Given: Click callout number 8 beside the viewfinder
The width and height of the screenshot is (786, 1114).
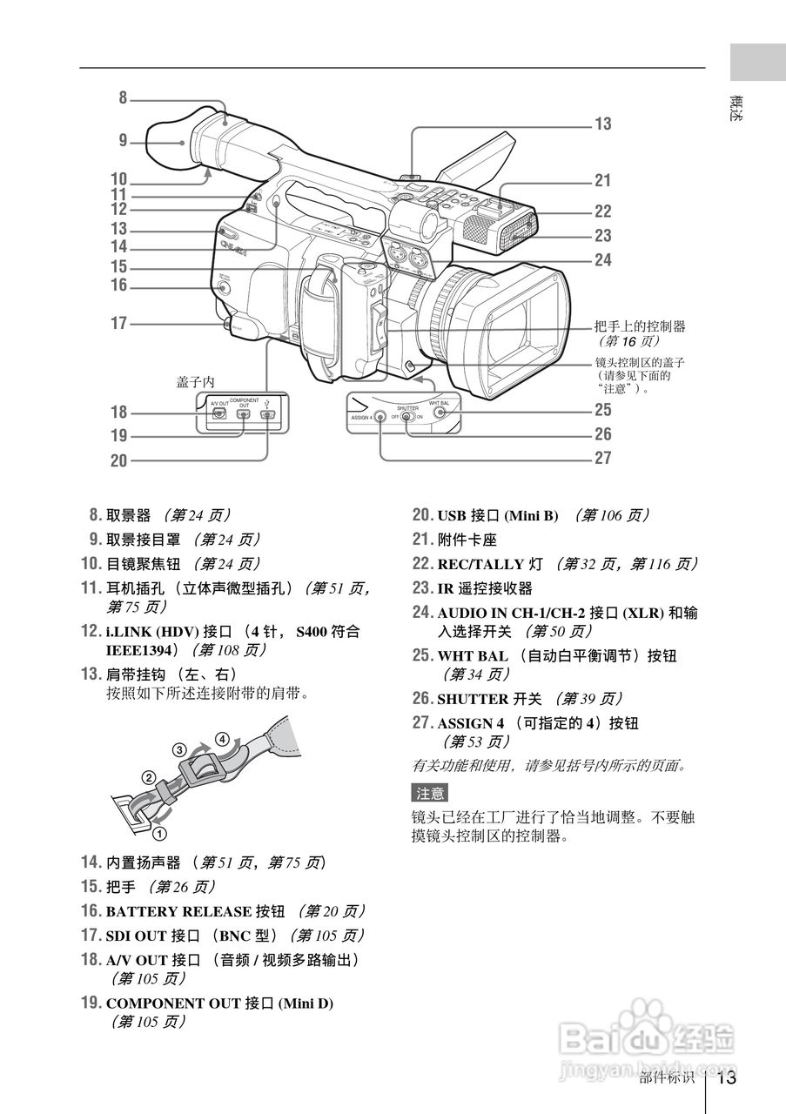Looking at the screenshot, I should [123, 98].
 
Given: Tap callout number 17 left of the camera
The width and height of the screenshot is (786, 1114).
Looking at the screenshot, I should [118, 324].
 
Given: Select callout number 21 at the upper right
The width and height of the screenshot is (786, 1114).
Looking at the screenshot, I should [602, 181].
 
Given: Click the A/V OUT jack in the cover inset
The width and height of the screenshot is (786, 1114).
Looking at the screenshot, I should [219, 414].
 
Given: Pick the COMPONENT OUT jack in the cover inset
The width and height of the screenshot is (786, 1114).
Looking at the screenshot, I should [245, 414].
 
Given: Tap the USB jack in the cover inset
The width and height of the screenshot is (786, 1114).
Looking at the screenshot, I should [269, 414].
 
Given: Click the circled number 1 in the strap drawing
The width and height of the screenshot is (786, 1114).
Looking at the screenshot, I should [159, 833].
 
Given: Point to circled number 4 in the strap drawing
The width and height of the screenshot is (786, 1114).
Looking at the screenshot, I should [223, 740].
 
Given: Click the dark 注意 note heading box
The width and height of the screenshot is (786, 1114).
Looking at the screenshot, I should [429, 793].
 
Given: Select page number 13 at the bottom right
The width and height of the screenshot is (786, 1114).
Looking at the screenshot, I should [727, 1078].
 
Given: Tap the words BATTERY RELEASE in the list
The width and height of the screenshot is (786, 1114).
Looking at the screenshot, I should [178, 911].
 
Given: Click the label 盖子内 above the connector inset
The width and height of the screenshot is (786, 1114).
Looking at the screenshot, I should [195, 382].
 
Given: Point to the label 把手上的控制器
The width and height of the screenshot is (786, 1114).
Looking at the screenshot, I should [640, 326].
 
